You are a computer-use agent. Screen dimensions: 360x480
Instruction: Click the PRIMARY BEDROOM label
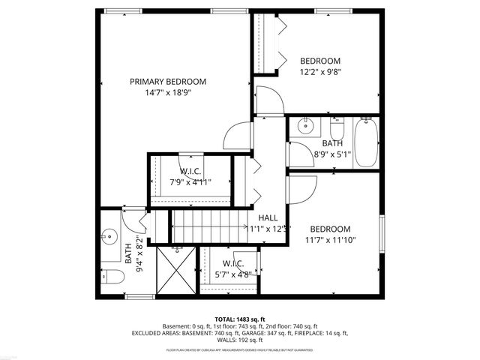pos(167,82)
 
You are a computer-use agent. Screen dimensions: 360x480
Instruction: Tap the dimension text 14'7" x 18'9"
pos(167,94)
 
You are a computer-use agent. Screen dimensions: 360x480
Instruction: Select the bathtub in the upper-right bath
pos(366,142)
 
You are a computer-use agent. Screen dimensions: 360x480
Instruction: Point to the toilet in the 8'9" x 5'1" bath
pos(337,121)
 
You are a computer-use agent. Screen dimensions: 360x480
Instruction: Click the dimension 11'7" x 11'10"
pos(330,241)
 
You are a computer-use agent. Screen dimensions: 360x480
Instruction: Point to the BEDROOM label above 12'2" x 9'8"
pos(320,61)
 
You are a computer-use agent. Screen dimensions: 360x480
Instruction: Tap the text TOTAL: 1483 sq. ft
pos(240,319)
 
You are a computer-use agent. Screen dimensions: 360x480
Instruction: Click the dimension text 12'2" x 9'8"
pos(320,73)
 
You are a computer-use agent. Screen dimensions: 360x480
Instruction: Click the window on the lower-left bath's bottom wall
pos(136,296)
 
